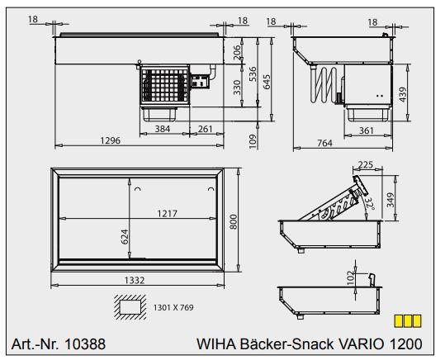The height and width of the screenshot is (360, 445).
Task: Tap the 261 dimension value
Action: (x=204, y=129)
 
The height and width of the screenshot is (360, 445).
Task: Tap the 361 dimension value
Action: (x=366, y=130)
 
